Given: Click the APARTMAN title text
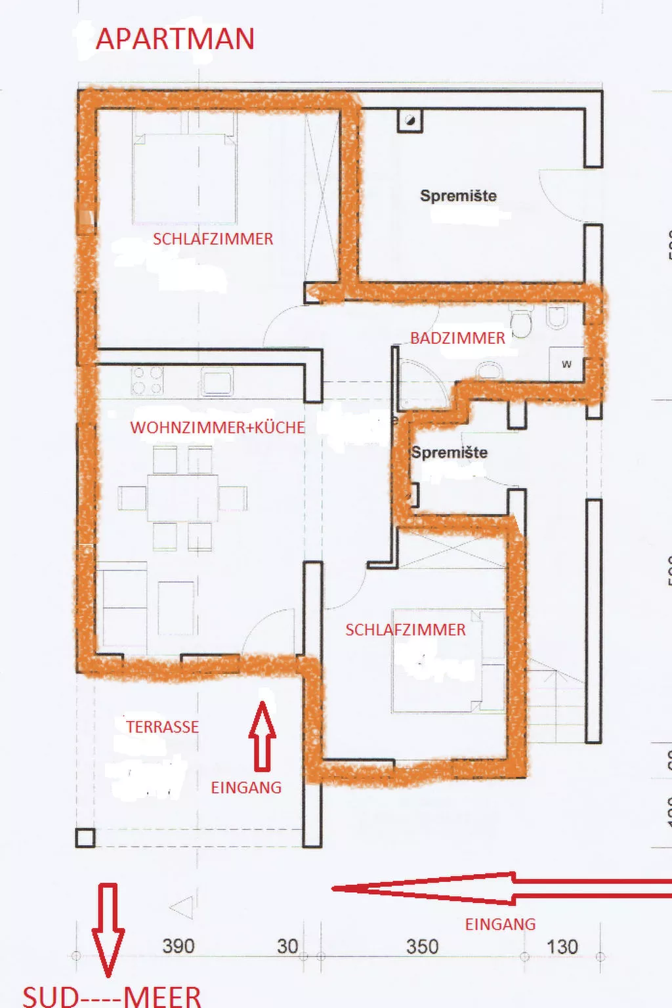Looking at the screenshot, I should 175,39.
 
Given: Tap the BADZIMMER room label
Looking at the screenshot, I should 457,338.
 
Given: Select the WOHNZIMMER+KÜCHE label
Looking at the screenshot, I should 217,427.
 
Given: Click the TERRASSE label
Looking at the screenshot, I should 162,727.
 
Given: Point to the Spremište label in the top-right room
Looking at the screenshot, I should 458,196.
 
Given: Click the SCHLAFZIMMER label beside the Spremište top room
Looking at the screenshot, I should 213,239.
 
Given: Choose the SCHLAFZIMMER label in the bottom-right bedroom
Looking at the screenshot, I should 406,630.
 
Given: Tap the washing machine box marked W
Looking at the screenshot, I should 566,364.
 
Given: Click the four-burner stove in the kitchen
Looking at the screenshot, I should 147,381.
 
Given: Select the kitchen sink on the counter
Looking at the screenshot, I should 217,381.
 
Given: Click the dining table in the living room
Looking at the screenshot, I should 182,498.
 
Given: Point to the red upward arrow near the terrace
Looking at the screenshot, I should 262,735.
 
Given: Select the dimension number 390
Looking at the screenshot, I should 178,946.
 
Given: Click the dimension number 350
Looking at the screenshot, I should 422,946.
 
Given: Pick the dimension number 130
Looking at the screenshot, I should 562,946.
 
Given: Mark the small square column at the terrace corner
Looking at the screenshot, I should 85,838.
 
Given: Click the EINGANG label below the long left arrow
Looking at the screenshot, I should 500,924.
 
